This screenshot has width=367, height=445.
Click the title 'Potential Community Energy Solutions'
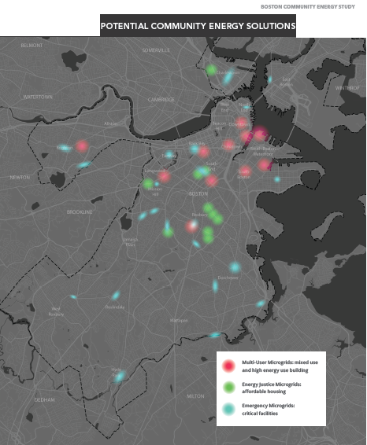tap(198, 26)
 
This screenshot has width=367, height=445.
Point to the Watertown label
tap(37, 97)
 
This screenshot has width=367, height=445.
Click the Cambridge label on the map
tap(161, 100)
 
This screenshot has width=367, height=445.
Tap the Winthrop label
tap(347, 87)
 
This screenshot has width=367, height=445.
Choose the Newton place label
tap(19, 178)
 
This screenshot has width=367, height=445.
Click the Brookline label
tap(79, 212)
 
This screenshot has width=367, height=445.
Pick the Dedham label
tap(43, 399)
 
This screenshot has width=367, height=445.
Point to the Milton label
tap(195, 395)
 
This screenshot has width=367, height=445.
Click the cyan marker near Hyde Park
tap(119, 377)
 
